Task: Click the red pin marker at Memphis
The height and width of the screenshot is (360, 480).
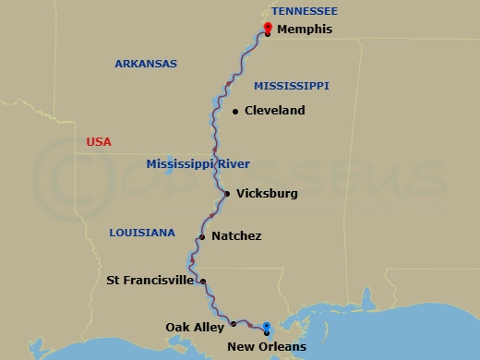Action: coord(268,27)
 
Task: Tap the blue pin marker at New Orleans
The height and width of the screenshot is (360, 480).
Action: coord(266,327)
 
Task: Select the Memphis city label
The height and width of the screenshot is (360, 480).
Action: coord(305,30)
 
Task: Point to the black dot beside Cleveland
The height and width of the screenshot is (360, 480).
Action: coord(236,112)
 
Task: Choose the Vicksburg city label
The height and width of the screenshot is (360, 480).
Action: coord(267,194)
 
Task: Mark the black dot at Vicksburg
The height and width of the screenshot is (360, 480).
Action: coord(227,194)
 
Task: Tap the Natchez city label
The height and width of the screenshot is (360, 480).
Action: coord(236,236)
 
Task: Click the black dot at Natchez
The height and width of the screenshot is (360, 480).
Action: coord(201,236)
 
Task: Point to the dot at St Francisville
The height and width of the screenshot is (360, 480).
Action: coord(202,282)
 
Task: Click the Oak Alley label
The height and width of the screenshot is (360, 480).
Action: coord(196,327)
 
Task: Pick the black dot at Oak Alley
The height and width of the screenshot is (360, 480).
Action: coord(234,323)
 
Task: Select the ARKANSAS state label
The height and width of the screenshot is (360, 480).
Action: coord(146,64)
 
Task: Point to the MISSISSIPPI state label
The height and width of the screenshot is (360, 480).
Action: coord(292,86)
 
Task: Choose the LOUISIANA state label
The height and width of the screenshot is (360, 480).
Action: coord(141,233)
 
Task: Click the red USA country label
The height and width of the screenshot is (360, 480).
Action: coord(99,142)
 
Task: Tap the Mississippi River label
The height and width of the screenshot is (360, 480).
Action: coord(198,164)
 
